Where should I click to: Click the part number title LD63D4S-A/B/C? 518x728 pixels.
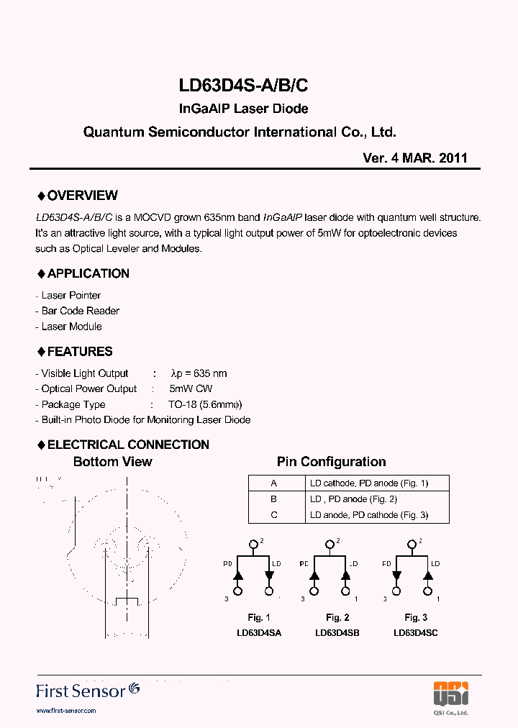click(x=243, y=85)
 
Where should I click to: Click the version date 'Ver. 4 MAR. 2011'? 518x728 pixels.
click(x=415, y=158)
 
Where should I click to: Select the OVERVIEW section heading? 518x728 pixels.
click(x=77, y=196)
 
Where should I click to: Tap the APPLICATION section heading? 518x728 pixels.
click(x=83, y=273)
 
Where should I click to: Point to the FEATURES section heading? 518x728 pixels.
click(x=75, y=352)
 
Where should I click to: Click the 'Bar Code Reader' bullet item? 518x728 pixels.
click(x=80, y=311)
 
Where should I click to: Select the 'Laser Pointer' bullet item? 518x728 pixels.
click(x=71, y=296)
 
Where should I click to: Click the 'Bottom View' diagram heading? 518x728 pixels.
click(x=113, y=462)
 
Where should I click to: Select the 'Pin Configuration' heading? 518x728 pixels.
click(x=331, y=462)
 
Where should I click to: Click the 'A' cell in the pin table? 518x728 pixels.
click(x=273, y=483)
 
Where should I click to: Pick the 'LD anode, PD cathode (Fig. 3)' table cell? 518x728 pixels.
click(x=369, y=515)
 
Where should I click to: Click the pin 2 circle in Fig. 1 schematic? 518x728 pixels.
click(x=253, y=545)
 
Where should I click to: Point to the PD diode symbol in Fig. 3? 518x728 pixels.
click(x=396, y=575)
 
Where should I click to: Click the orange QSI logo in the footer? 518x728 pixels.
click(x=451, y=693)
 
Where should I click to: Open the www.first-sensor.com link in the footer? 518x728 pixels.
click(x=65, y=711)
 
